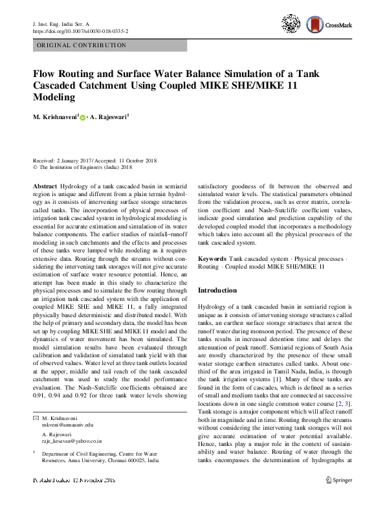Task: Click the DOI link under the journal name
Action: click(x=80, y=30)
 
